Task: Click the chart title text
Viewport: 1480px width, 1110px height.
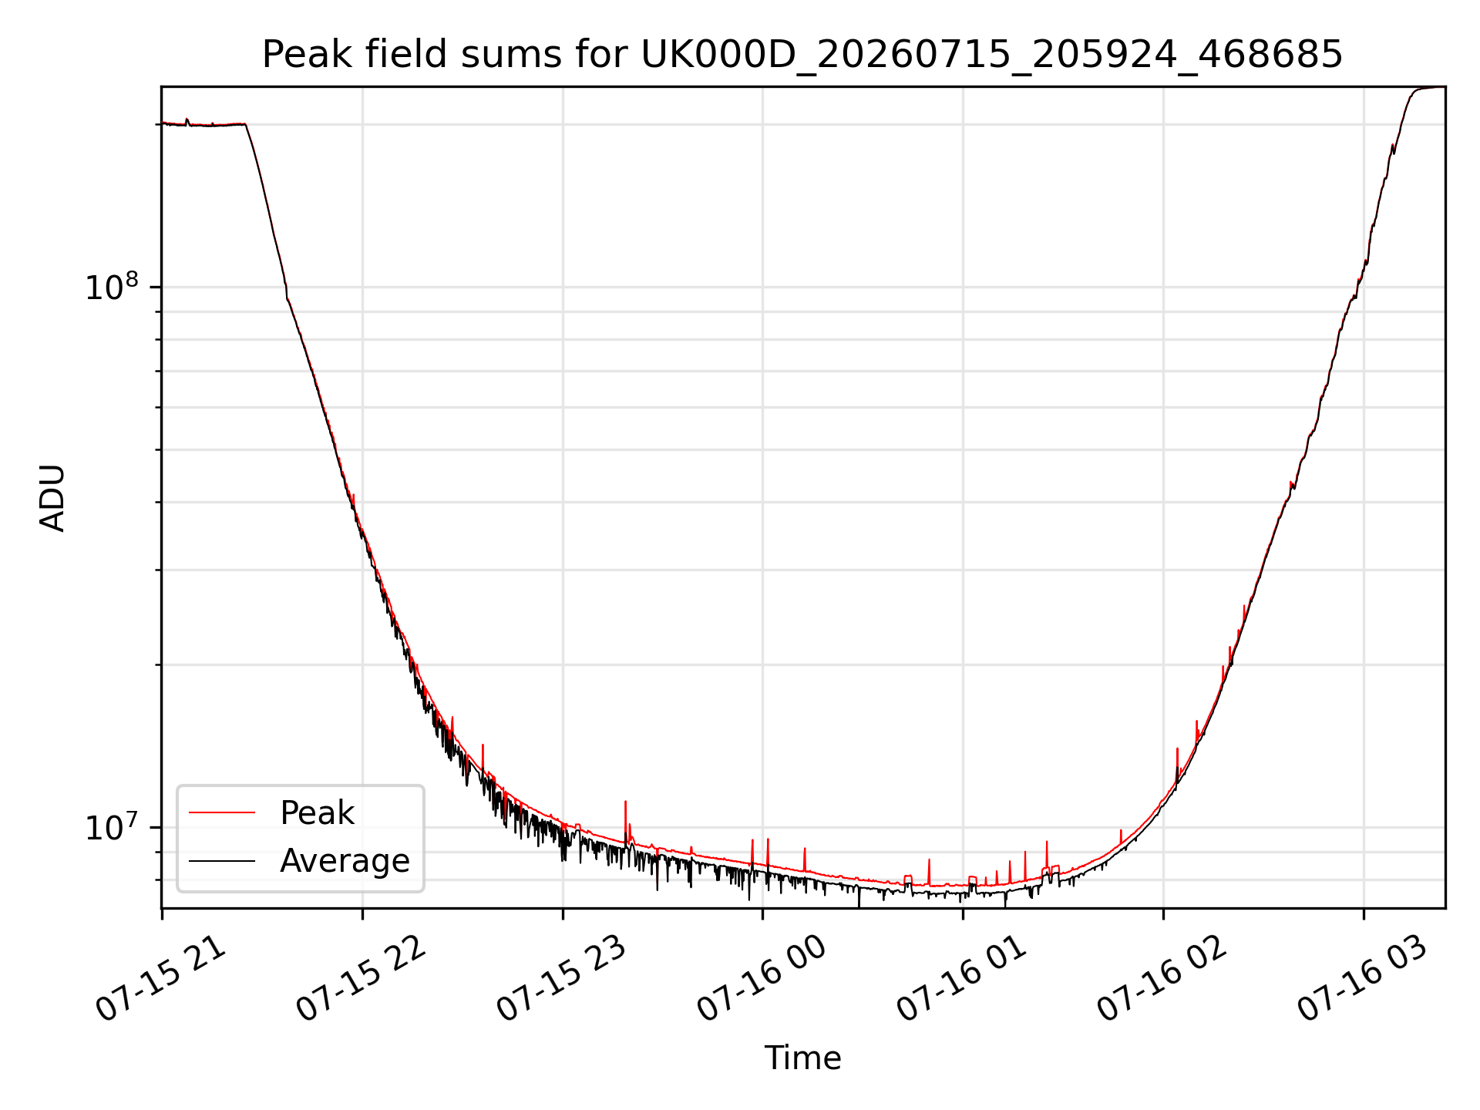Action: [802, 55]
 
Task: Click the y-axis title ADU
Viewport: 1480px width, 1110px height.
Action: [52, 498]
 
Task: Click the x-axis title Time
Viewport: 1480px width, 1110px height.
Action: [802, 1058]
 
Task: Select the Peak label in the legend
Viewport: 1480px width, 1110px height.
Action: [317, 813]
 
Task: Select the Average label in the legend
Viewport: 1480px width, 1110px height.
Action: [345, 861]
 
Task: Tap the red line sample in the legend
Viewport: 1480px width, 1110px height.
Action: [222, 812]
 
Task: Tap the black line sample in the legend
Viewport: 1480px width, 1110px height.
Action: [222, 860]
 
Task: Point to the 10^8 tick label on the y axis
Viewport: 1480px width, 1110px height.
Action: [112, 287]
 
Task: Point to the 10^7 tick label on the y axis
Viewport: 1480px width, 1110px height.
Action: [112, 827]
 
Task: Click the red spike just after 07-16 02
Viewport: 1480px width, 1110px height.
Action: [1177, 765]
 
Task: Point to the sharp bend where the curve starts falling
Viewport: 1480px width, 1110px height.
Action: [245, 124]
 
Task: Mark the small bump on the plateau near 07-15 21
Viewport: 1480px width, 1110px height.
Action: [187, 120]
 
